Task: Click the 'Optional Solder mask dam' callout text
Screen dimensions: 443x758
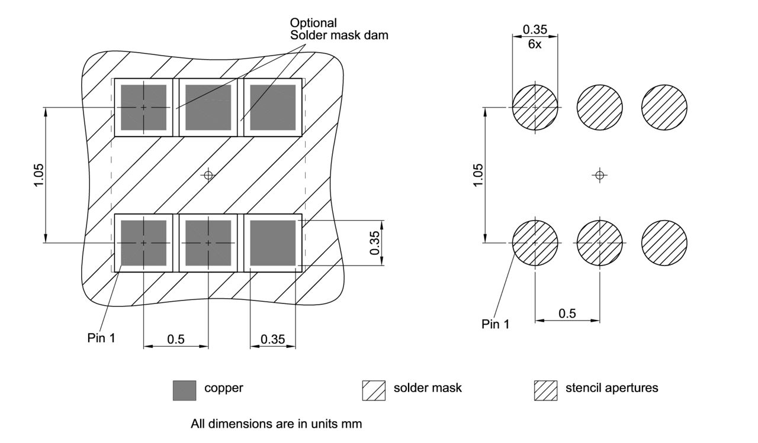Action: click(x=339, y=29)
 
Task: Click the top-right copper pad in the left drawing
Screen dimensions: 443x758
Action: click(x=272, y=108)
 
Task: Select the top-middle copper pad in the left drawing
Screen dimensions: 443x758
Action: click(x=208, y=108)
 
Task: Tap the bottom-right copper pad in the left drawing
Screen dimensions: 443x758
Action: click(x=272, y=242)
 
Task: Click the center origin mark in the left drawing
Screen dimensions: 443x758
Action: click(x=208, y=174)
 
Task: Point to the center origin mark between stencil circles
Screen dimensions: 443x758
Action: click(x=599, y=175)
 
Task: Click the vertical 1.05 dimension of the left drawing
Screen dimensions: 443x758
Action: click(x=38, y=175)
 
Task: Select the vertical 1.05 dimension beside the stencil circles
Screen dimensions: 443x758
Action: click(x=478, y=175)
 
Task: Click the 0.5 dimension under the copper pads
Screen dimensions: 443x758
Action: click(x=175, y=339)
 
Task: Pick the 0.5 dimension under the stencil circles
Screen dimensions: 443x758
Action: click(x=567, y=313)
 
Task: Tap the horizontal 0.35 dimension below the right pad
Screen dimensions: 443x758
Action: click(x=272, y=339)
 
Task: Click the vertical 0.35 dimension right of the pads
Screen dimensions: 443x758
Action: click(x=375, y=242)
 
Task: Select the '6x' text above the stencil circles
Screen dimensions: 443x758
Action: click(x=534, y=45)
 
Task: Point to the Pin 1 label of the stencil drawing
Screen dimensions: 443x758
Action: click(x=495, y=324)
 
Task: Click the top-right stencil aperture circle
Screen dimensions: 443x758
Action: click(x=664, y=108)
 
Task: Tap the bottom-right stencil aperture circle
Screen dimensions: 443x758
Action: click(x=664, y=242)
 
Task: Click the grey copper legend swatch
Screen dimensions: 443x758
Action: click(x=184, y=390)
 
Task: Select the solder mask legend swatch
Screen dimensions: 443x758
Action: click(x=373, y=390)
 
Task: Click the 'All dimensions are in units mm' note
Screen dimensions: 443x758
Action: click(x=276, y=424)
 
